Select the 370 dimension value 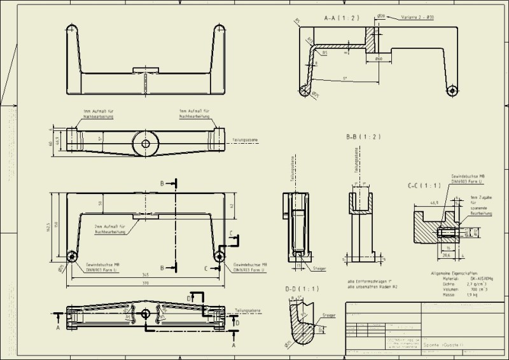[x=147, y=284]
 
